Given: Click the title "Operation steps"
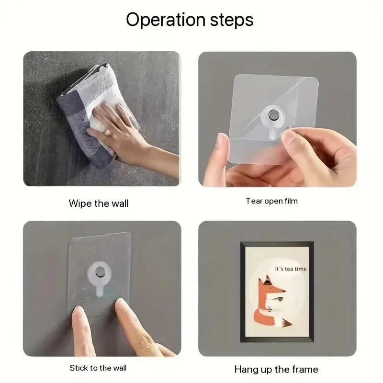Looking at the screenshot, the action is click(190, 20).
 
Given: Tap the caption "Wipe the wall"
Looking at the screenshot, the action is click(99, 203).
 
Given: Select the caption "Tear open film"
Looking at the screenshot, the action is click(271, 201).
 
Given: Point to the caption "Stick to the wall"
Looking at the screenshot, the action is click(98, 368).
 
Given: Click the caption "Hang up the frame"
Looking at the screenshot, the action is click(276, 369).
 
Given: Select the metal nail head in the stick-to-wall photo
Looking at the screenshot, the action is click(100, 271).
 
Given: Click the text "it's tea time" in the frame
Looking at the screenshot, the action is click(291, 269).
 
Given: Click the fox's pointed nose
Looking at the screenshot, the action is click(283, 291).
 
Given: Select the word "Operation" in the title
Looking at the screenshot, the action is click(165, 20).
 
